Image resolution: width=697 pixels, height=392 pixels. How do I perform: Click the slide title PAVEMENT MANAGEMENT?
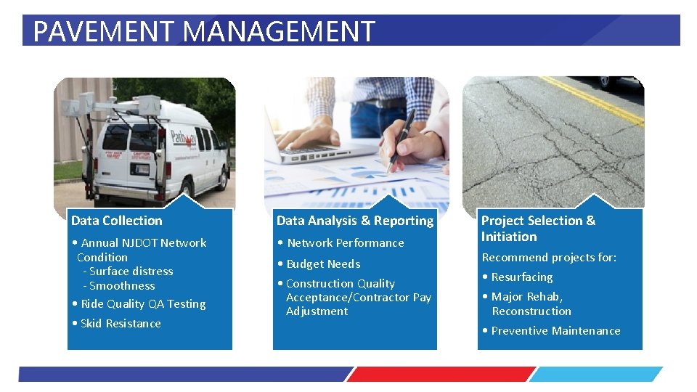coord(204,31)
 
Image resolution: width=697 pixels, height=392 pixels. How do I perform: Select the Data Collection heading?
coord(117,221)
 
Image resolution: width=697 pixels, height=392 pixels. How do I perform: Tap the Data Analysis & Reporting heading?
coord(354,221)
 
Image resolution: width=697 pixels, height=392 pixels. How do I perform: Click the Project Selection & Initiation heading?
coord(538,229)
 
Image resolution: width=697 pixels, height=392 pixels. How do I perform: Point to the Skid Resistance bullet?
coord(121,324)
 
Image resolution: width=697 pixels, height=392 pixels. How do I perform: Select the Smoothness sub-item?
coord(122,286)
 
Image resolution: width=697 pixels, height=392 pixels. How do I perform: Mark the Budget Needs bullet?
coord(323,264)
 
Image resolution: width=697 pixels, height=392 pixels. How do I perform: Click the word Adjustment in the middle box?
coord(317,311)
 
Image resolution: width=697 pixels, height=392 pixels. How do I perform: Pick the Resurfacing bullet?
coord(521,277)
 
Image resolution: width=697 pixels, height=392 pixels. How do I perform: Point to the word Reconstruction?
coord(531,311)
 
